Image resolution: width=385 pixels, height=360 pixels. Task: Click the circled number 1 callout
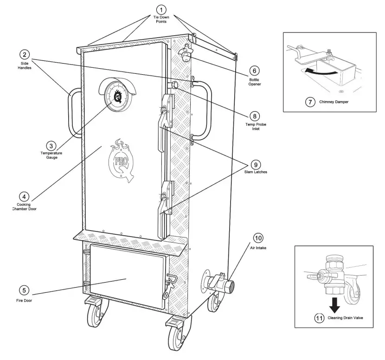click(161, 10)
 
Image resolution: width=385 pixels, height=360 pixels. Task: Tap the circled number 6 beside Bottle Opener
click(254, 71)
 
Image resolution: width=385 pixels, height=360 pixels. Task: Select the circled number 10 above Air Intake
click(258, 238)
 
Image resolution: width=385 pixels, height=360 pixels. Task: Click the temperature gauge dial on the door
click(117, 96)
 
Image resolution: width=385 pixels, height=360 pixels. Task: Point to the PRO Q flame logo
click(121, 158)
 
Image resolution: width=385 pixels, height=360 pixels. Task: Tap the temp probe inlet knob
click(175, 85)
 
